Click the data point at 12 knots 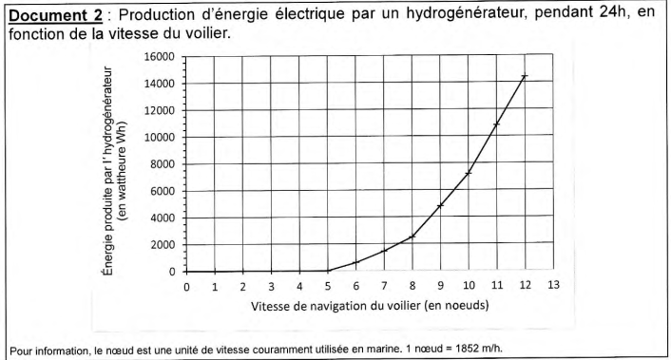[525, 76]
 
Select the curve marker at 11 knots [497, 124]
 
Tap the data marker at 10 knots [469, 173]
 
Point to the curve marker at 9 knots [440, 206]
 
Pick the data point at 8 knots [412, 237]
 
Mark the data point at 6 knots [355, 262]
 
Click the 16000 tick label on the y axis [159, 57]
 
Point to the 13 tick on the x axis [553, 285]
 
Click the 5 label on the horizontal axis [328, 286]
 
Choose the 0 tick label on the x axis [186, 287]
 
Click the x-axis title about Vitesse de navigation [370, 306]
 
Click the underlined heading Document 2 [56, 15]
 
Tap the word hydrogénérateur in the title [463, 14]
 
